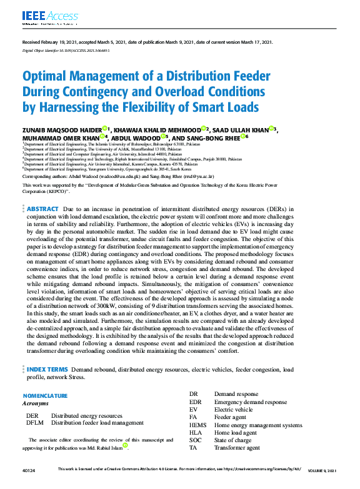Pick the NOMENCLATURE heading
(45, 396)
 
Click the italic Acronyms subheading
(36, 404)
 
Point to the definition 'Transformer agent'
(237, 448)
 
